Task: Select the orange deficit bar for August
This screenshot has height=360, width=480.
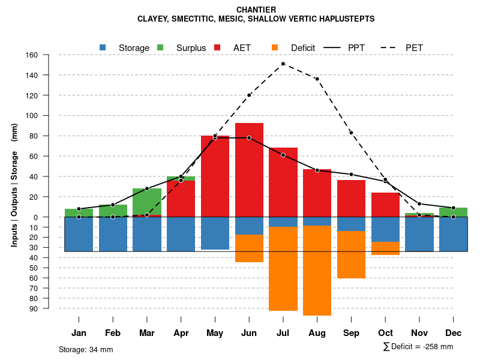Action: coord(317,270)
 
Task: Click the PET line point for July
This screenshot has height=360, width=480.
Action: coord(283,64)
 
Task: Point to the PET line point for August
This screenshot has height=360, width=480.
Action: coord(317,79)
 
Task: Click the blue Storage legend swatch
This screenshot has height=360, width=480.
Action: coord(103,47)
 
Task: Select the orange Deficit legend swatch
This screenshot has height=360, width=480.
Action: coord(275,47)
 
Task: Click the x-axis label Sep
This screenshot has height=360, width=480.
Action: coord(351,333)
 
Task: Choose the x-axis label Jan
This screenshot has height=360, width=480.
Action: coord(79,333)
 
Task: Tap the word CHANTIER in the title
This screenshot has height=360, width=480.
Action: coord(256,10)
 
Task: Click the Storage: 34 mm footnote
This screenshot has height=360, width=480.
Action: coord(86,349)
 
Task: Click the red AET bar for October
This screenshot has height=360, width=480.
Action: coord(385,205)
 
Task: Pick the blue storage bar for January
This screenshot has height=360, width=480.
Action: coord(79,234)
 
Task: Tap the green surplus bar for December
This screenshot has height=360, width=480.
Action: coord(453,212)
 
